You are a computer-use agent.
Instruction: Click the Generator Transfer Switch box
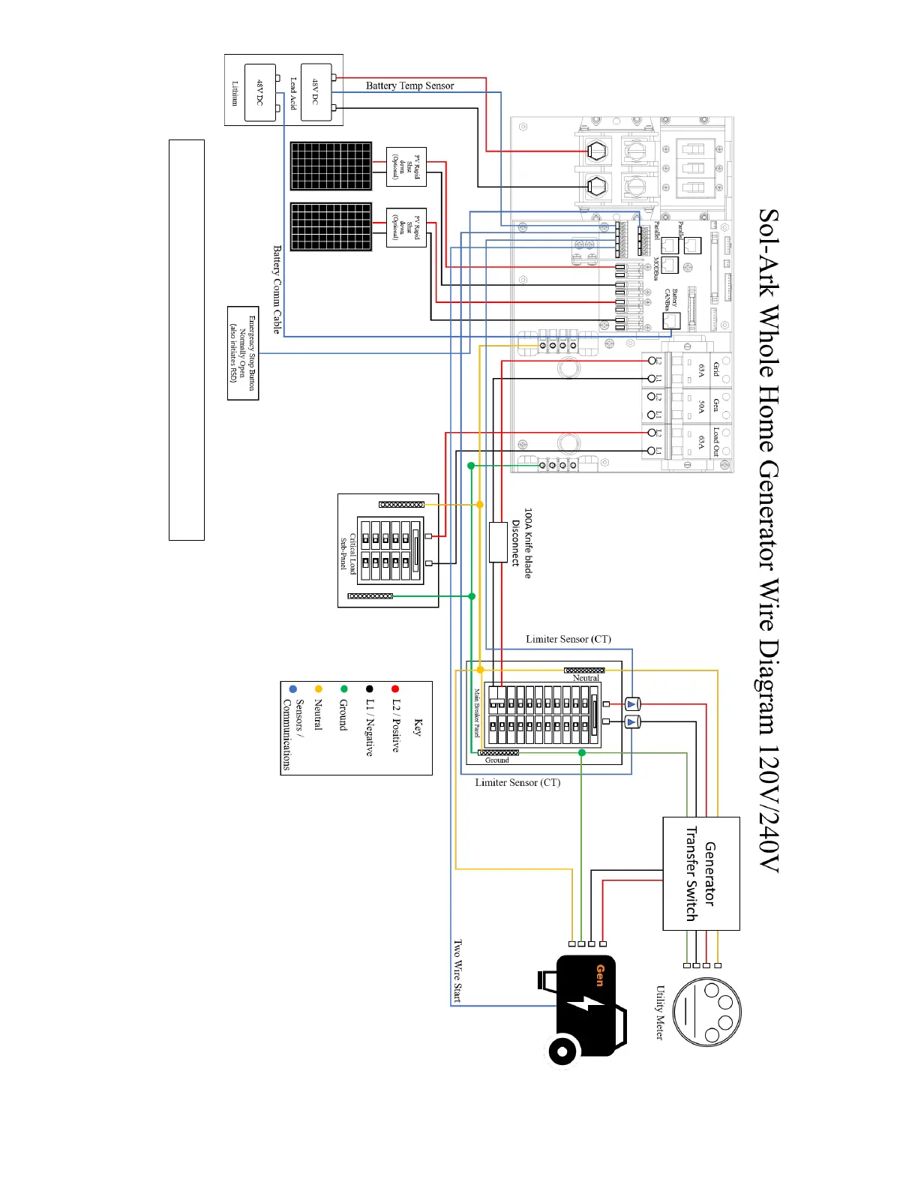tap(700, 873)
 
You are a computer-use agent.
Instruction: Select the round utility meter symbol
tap(706, 1011)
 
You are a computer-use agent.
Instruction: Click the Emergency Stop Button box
tap(243, 353)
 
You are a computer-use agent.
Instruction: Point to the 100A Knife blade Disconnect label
tap(522, 543)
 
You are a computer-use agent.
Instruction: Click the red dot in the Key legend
tap(394, 688)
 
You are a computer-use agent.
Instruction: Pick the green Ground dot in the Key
tap(343, 688)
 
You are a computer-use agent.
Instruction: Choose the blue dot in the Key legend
tap(292, 688)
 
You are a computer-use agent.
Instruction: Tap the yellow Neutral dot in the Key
tap(318, 688)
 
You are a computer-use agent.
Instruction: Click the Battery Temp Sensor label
tap(409, 85)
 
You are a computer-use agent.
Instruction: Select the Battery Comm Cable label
tap(277, 289)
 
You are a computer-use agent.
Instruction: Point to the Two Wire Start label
tap(457, 970)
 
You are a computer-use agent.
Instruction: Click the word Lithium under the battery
tap(235, 94)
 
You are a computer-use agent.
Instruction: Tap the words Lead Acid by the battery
tap(292, 93)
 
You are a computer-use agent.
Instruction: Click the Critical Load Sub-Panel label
tap(348, 552)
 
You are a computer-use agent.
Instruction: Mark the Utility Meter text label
tap(660, 1012)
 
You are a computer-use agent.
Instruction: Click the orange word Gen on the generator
tap(600, 975)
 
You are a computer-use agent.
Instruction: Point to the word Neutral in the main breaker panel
tap(586, 678)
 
